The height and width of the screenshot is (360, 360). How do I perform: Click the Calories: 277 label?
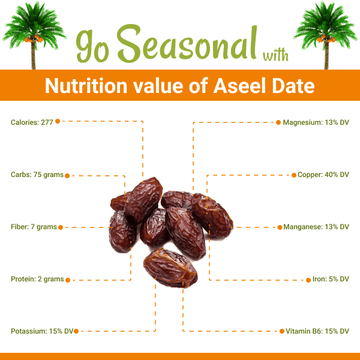point(31,122)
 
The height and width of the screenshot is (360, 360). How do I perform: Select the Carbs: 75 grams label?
point(37,174)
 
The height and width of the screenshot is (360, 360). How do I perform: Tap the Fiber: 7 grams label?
point(34,226)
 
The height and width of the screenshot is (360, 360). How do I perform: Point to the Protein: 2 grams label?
point(38,278)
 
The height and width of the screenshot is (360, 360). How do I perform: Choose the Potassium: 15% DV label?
point(42,330)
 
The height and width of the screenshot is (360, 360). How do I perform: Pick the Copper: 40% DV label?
point(323,174)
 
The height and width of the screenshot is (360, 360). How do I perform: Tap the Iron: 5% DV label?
point(329,278)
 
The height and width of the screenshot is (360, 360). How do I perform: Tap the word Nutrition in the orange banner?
point(101,86)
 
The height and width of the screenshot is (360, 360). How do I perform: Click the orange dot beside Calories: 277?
point(58,122)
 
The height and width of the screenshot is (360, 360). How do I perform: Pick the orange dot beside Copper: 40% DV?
point(291,174)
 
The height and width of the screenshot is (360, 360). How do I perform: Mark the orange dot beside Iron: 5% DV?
point(304,278)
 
